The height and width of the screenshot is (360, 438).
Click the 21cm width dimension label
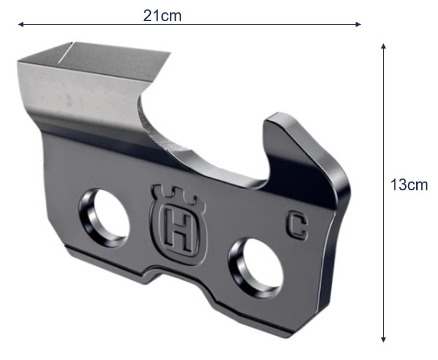click(x=162, y=16)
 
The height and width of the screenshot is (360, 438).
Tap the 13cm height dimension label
click(x=409, y=185)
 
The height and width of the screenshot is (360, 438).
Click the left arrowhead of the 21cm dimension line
click(x=21, y=24)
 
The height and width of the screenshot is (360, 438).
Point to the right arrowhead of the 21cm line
click(x=358, y=24)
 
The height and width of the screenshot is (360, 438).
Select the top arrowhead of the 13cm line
click(x=384, y=46)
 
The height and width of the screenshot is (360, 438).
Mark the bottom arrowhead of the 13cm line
click(x=384, y=339)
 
